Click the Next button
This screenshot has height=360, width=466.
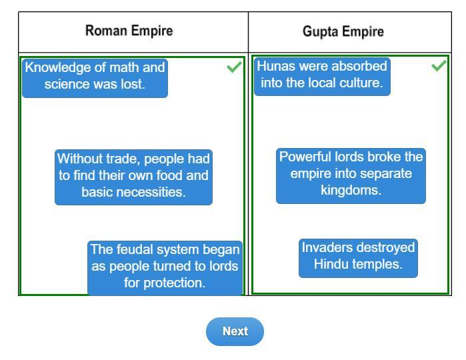click(235, 331)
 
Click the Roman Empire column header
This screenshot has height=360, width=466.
click(129, 31)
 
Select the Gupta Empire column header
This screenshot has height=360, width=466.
click(343, 31)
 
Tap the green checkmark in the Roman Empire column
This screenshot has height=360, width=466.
click(234, 67)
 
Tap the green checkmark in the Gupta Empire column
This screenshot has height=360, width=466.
click(439, 66)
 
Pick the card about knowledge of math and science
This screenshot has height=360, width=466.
click(95, 76)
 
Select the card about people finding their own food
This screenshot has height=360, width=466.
click(133, 176)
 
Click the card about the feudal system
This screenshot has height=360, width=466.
click(165, 266)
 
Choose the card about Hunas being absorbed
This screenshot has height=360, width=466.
click(322, 75)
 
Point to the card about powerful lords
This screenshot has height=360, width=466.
click(351, 174)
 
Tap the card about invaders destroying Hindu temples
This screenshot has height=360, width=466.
click(358, 257)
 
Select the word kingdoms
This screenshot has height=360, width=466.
click(351, 190)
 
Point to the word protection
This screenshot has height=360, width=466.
click(176, 283)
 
